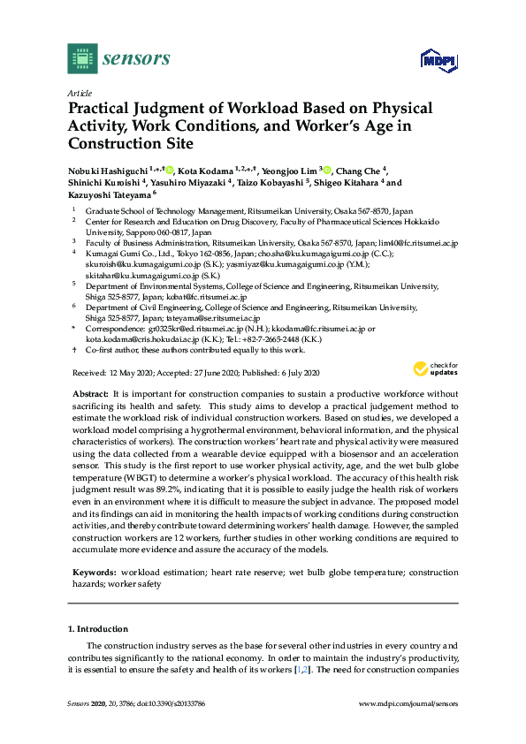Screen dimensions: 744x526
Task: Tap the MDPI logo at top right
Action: pyautogui.click(x=436, y=60)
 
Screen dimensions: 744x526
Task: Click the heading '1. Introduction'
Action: pyautogui.click(x=98, y=629)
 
